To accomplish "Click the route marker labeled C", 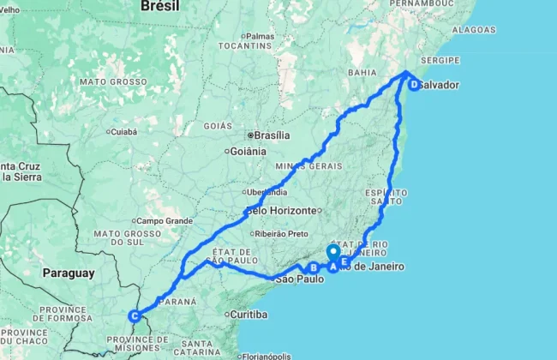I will click(x=135, y=316).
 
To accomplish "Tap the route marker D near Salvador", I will click(x=414, y=85).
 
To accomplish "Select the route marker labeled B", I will click(x=314, y=268).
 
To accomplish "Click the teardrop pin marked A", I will click(x=332, y=255).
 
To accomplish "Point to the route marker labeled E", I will click(x=344, y=261).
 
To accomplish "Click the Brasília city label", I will click(x=269, y=135).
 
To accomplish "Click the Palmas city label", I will click(x=259, y=36).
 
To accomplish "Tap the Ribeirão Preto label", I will click(x=278, y=233).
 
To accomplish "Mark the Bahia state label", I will click(x=362, y=74).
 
